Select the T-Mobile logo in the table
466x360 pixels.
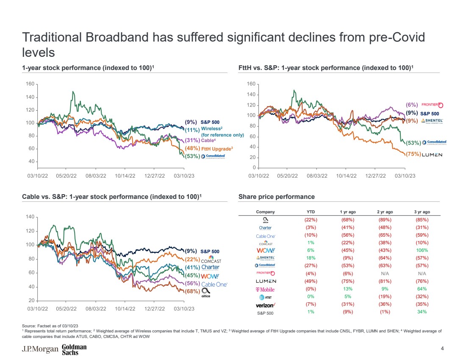coord(265,289)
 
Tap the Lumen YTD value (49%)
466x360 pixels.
coord(311,281)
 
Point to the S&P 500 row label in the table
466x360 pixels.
coord(265,312)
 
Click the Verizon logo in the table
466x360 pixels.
coord(265,304)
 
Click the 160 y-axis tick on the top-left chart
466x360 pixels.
coord(30,84)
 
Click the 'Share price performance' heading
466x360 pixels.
coord(277,197)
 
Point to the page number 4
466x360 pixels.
coord(442,349)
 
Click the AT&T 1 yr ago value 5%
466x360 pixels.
coord(348,297)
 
